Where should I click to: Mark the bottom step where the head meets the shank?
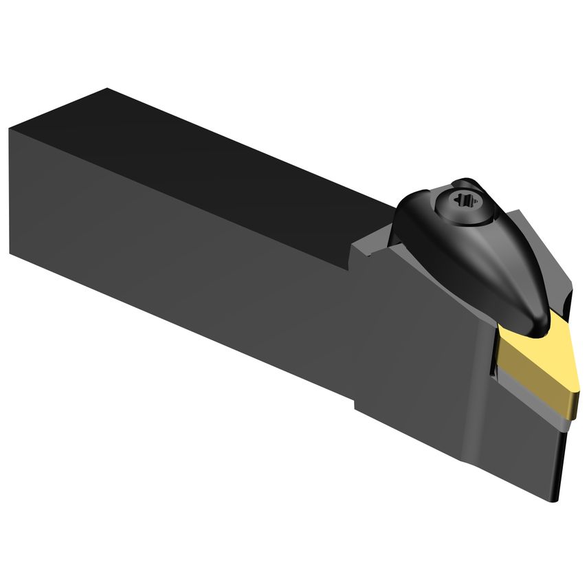tap(356, 406)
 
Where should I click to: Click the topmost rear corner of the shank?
tap(107, 89)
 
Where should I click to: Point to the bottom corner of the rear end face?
tap(12, 254)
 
